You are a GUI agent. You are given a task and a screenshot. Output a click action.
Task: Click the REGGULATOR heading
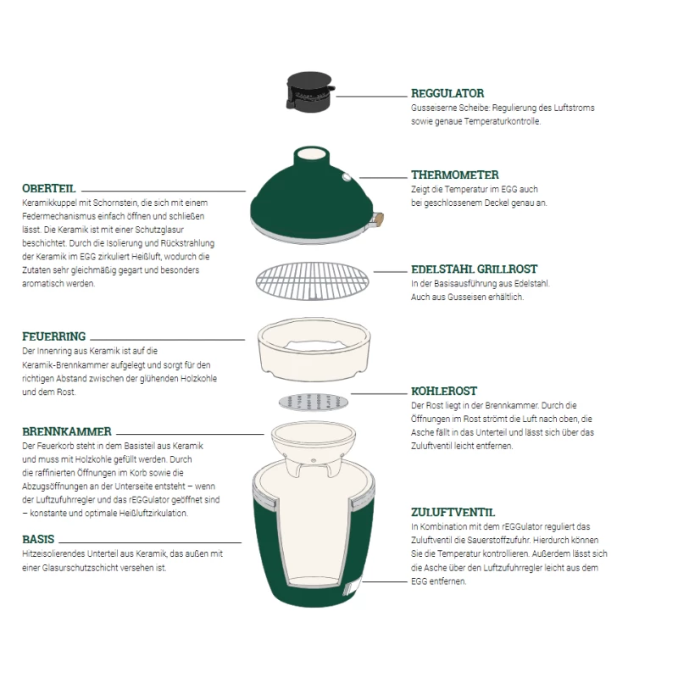[x=447, y=93]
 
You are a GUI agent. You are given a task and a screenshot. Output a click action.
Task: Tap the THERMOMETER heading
[x=455, y=175]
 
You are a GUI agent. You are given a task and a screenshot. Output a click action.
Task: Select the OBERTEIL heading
[x=49, y=188]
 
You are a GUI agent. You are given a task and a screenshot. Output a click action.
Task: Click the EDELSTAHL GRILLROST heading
[x=475, y=270]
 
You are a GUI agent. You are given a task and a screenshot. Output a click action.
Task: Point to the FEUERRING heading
[x=54, y=336]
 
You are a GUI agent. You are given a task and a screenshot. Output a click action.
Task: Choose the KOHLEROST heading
[x=444, y=392]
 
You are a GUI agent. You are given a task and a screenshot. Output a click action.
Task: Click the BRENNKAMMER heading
[x=67, y=431]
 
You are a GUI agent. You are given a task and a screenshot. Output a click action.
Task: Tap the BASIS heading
[x=38, y=539]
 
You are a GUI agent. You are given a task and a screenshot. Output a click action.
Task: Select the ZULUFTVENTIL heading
[x=453, y=513]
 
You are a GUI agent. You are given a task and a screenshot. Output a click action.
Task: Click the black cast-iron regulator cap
[x=309, y=92]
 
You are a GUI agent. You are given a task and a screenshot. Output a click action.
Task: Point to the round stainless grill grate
[x=312, y=281]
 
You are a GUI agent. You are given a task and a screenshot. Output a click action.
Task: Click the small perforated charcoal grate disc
[x=314, y=402]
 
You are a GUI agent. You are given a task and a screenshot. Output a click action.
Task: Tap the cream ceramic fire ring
[x=314, y=349]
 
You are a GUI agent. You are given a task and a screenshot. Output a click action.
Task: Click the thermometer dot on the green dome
[x=347, y=177]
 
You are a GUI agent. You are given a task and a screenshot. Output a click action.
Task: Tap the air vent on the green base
[x=352, y=587]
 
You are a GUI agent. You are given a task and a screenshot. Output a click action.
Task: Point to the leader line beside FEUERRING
[x=167, y=340]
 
